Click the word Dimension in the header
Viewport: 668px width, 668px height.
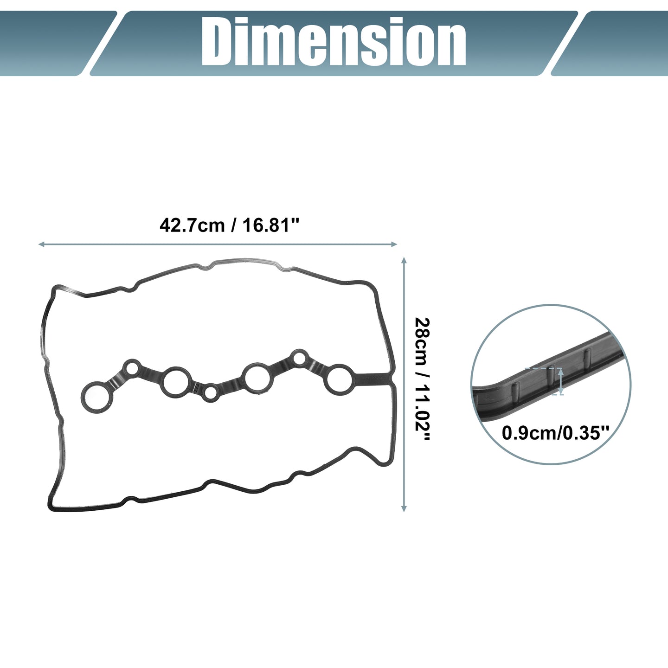tap(334, 42)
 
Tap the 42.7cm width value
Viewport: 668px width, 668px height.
tap(192, 225)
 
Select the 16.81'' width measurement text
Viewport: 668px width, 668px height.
tap(271, 225)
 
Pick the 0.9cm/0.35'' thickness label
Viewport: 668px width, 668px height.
tap(555, 433)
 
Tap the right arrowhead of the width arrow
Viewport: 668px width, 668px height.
tap(394, 244)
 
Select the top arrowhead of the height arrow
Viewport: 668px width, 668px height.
tap(404, 260)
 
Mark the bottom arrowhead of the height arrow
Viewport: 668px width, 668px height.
tap(404, 508)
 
